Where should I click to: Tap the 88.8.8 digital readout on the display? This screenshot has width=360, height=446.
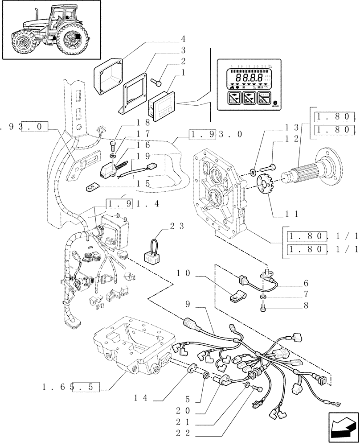245,77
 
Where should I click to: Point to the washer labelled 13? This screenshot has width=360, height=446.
253,170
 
